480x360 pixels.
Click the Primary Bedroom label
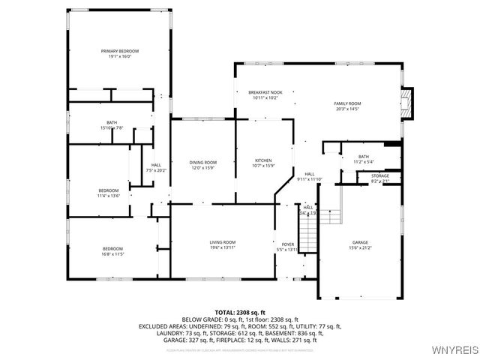(120, 51)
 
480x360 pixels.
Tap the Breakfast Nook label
(265, 92)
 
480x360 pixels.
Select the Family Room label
(347, 103)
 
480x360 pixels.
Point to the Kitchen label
(262, 161)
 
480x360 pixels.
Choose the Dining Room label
(202, 163)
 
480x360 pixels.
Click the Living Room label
(222, 242)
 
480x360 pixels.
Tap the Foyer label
(288, 244)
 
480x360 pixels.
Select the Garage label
(360, 242)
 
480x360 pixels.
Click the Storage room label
(380, 175)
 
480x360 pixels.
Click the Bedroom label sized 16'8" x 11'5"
(112, 248)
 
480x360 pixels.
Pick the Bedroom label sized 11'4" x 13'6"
(109, 190)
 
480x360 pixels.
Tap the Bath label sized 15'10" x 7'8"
(112, 122)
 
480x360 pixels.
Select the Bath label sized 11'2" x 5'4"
(363, 156)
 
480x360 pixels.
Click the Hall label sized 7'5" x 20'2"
(156, 165)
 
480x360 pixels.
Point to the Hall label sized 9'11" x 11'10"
(308, 174)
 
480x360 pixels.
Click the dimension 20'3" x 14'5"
(347, 109)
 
